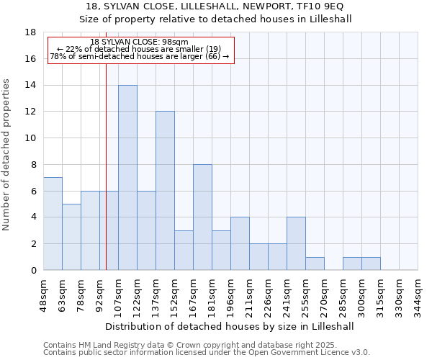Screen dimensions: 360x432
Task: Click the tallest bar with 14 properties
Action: (127, 177)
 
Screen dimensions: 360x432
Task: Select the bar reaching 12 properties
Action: (165, 191)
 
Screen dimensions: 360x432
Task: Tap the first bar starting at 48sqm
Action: (53, 223)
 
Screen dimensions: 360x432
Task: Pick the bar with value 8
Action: (202, 217)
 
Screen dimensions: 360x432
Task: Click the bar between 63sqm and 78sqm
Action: (71, 237)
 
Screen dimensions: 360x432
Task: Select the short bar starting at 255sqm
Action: (315, 264)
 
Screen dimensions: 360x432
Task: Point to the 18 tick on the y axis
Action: (30, 32)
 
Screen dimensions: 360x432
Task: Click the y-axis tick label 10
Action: (30, 138)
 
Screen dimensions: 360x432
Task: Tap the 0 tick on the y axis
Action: (33, 270)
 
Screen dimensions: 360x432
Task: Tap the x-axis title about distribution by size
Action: (230, 326)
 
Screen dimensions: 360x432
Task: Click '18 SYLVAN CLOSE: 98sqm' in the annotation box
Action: (140, 42)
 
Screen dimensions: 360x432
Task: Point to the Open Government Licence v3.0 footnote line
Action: (207, 352)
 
